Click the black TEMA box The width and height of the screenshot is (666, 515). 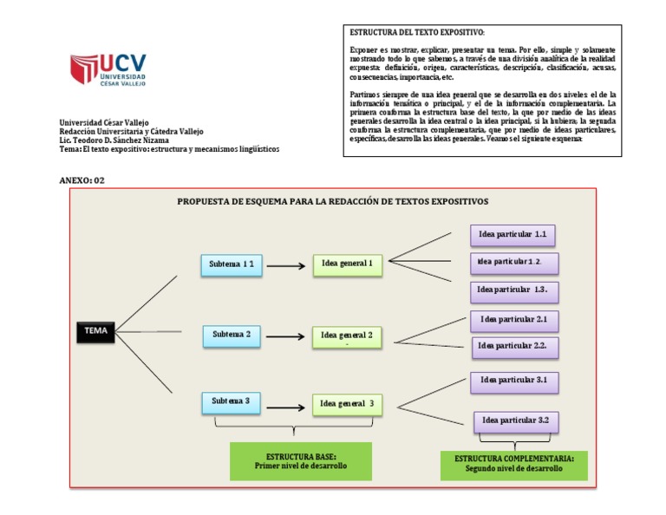(x=95, y=330)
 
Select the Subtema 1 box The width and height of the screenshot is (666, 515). (x=231, y=264)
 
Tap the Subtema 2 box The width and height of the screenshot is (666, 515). (x=232, y=335)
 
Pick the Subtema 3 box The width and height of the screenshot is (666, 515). (x=231, y=402)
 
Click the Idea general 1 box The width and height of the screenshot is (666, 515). (x=347, y=264)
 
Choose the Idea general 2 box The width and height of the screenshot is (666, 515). (x=347, y=336)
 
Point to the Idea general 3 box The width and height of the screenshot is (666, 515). (x=347, y=404)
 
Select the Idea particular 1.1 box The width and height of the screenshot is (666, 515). (x=513, y=235)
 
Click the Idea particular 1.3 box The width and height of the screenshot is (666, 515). (x=513, y=290)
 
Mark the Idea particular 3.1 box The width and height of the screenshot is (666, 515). (x=513, y=381)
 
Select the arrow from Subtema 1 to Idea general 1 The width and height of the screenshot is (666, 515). (x=287, y=265)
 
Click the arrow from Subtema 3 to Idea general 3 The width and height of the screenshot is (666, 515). (x=287, y=405)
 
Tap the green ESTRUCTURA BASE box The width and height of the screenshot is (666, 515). (x=300, y=460)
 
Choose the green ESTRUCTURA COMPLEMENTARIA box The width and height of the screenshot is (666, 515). (x=513, y=464)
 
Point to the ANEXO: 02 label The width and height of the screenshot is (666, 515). (x=82, y=179)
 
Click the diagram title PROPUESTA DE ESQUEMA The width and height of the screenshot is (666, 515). (x=332, y=201)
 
